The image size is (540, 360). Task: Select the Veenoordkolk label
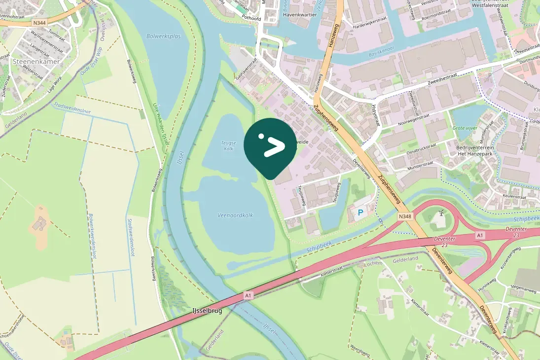click(x=235, y=215)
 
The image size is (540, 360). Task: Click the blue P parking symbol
click(x=360, y=213)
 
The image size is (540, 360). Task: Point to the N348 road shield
click(x=405, y=216)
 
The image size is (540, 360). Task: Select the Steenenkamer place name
click(x=36, y=62)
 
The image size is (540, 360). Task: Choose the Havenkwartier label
click(x=299, y=15)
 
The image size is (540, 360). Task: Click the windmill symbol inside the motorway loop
click(x=441, y=214)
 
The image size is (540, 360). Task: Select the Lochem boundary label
click(x=373, y=264)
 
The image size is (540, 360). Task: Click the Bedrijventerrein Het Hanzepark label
click(x=471, y=152)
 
